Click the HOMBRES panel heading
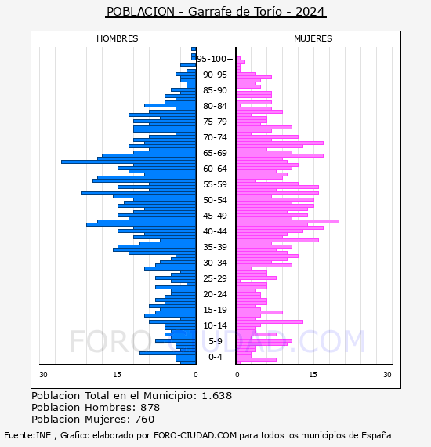(117, 38)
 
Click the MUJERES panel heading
(313, 38)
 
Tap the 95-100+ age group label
(215, 59)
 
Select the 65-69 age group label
(215, 153)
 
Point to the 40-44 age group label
(215, 231)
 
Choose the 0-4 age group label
(215, 357)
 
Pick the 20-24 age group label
(215, 294)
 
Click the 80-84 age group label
(215, 106)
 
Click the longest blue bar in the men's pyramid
(129, 162)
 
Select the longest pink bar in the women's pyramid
(288, 221)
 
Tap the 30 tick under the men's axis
(43, 374)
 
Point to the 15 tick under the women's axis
(313, 374)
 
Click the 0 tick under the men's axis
(195, 374)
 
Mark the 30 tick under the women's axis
(387, 374)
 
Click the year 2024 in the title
(310, 12)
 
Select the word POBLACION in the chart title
(140, 12)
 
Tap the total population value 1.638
(217, 396)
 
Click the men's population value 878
(150, 407)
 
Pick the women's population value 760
(144, 419)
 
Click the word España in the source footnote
(376, 435)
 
